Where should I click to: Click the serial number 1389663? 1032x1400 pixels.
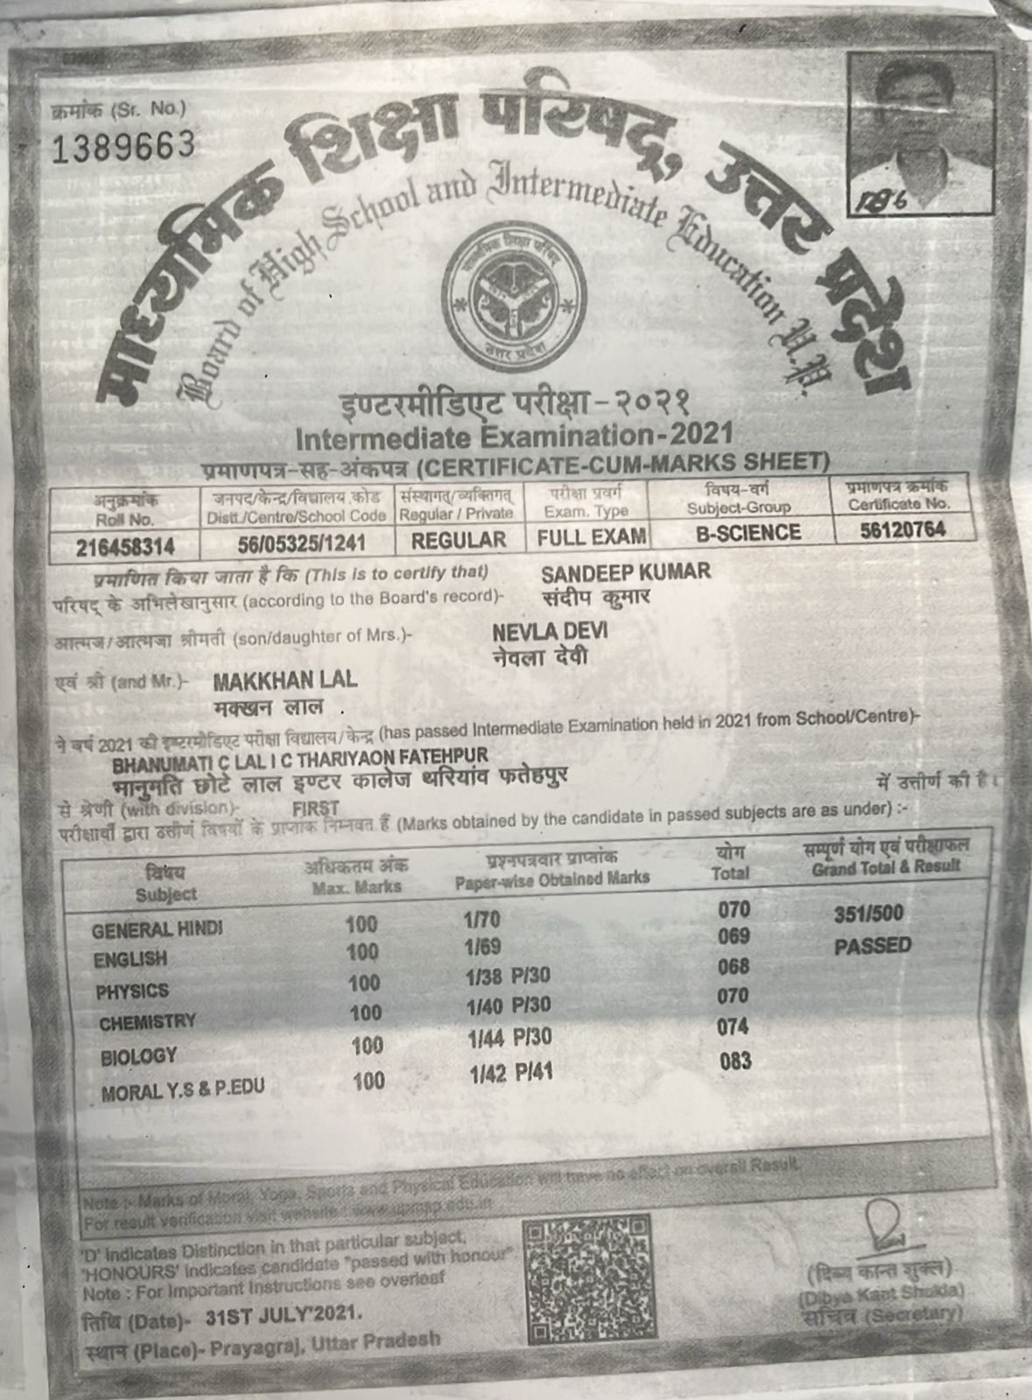click(x=123, y=147)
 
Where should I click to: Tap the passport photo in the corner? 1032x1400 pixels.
click(x=922, y=131)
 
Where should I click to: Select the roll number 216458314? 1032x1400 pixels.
click(x=125, y=548)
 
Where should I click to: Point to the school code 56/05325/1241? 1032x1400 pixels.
click(x=301, y=543)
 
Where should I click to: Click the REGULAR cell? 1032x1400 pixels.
click(x=459, y=540)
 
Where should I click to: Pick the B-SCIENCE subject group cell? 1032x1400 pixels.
click(x=748, y=533)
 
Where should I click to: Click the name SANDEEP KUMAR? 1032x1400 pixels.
click(x=626, y=573)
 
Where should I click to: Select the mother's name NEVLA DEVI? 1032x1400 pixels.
click(x=550, y=632)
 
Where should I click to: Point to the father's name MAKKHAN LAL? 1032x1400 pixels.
click(x=284, y=681)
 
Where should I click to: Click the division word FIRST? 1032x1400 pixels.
click(x=315, y=808)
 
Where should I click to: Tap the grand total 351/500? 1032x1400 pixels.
click(x=868, y=914)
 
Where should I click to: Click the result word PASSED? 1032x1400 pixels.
click(x=872, y=946)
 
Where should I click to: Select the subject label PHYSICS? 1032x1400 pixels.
click(x=132, y=991)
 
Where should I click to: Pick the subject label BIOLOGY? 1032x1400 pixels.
click(x=138, y=1056)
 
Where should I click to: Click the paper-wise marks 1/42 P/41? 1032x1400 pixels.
click(x=511, y=1074)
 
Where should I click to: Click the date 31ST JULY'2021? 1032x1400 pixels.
click(x=282, y=1313)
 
